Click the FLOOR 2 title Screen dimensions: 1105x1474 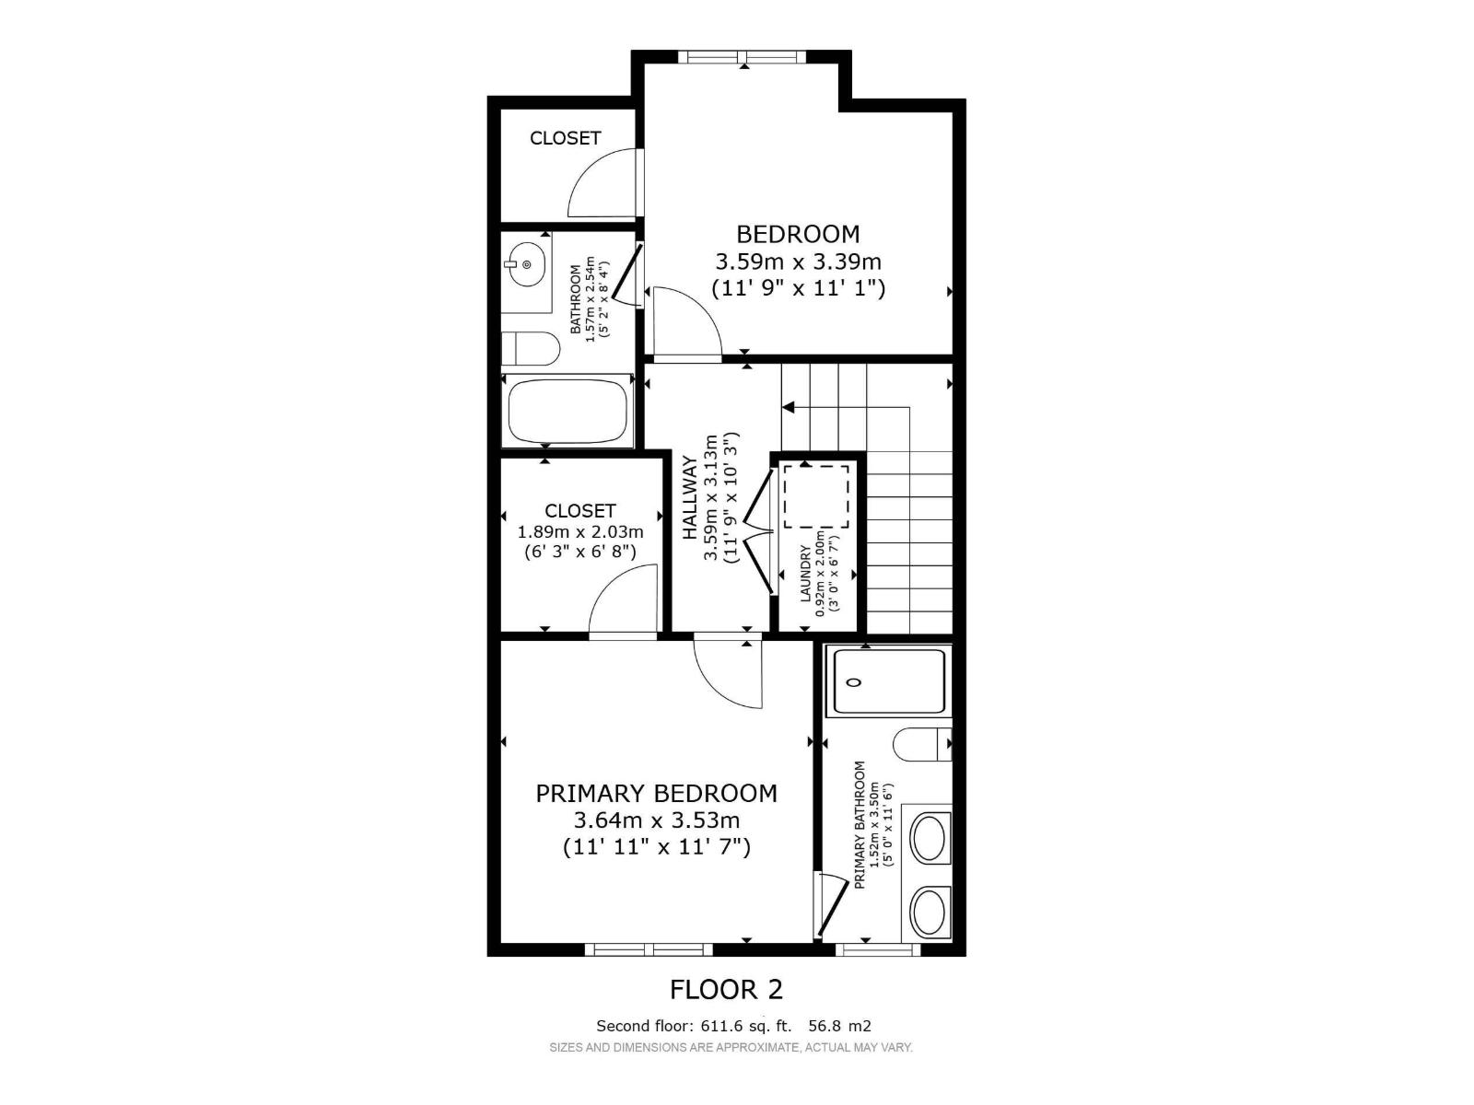[x=726, y=989]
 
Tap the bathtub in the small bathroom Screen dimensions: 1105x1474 [x=568, y=412]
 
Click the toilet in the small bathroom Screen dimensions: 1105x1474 [x=532, y=350]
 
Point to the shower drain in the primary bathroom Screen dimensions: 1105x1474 [x=854, y=682]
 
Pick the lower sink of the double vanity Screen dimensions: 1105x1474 [x=930, y=913]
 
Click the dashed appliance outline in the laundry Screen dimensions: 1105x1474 [x=816, y=496]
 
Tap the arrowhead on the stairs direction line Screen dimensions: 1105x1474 [x=788, y=406]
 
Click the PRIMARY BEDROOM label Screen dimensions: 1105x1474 [x=656, y=793]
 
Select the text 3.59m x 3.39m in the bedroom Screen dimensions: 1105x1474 [x=798, y=262]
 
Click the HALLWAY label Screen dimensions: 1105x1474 [x=690, y=497]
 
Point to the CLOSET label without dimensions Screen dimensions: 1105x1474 [x=565, y=138]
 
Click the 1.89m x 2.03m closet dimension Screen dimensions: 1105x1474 [x=580, y=531]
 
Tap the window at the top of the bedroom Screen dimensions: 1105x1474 [x=742, y=57]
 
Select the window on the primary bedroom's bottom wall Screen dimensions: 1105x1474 [x=648, y=949]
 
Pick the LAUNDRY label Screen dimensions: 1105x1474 [x=805, y=574]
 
